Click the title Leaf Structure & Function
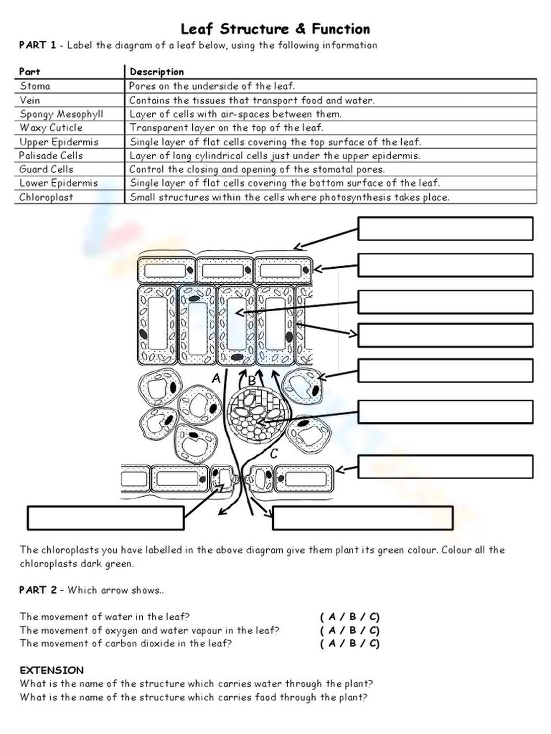275,29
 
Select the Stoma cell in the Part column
35,86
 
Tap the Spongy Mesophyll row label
61,114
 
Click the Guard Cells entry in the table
46,169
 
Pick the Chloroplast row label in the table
46,197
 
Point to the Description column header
156,72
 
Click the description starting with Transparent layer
226,128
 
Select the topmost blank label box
445,229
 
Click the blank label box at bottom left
105,518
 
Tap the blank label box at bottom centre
363,518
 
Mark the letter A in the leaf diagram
216,378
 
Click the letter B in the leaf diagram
252,380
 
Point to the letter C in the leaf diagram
274,454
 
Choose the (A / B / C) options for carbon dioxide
350,643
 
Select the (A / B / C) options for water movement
350,617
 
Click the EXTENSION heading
52,670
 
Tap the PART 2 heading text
37,590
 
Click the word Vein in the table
30,100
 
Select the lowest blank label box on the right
445,466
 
